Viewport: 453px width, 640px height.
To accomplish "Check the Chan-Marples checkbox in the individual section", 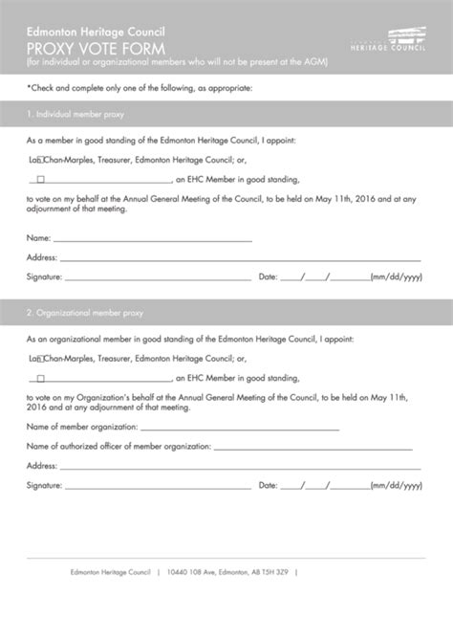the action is click(x=40, y=161).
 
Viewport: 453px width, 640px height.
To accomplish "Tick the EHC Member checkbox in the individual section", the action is click(x=40, y=178).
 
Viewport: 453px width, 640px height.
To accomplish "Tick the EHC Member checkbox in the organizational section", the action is click(x=40, y=377).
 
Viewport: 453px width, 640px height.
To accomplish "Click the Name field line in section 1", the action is click(x=153, y=239).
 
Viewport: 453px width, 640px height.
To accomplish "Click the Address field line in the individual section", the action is click(x=239, y=258).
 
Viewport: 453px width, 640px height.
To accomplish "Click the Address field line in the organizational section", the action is click(x=239, y=466).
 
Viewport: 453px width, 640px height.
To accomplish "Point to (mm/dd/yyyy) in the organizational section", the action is click(x=396, y=485).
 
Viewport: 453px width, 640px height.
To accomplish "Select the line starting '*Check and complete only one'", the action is click(x=140, y=88).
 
